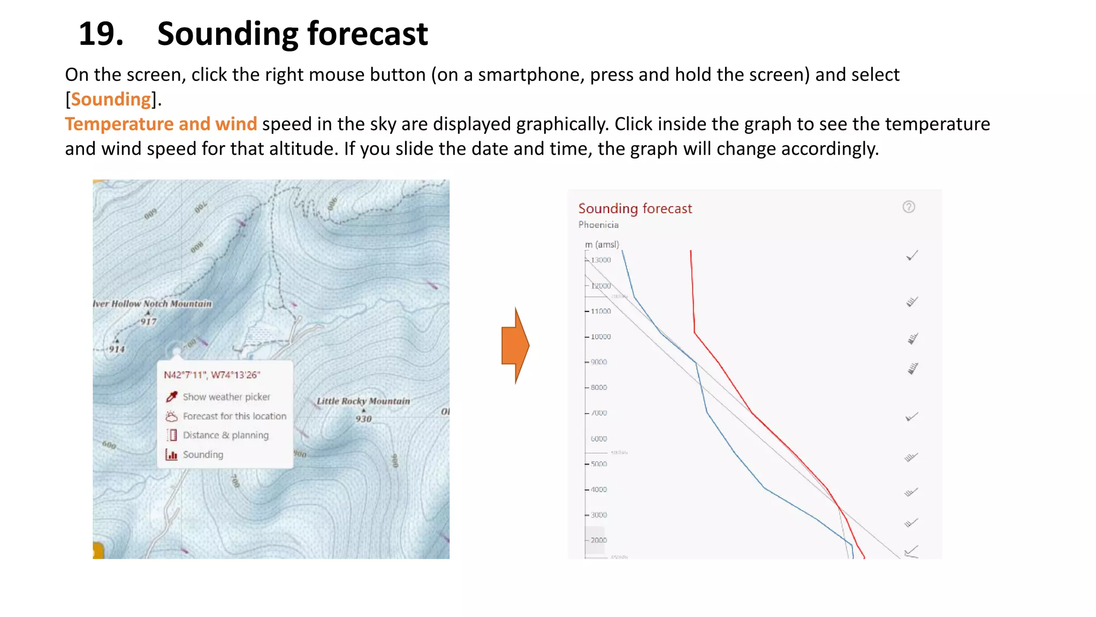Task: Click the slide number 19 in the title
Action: pos(101,34)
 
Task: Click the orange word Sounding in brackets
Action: pos(111,100)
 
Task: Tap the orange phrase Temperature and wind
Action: pos(161,124)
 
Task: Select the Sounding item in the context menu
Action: pos(203,455)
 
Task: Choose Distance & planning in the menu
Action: pos(225,435)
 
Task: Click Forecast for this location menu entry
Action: pos(234,416)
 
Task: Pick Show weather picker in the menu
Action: pos(226,397)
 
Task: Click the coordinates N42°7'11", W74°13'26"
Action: pos(211,375)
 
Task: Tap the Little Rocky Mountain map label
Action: pos(363,401)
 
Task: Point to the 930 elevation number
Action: pos(363,419)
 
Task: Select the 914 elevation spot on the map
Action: pos(117,349)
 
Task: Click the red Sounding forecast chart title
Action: pos(635,208)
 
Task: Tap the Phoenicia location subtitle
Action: pos(598,225)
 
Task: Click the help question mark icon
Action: pos(908,207)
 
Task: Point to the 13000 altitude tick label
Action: pos(600,260)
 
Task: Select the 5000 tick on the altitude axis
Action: pos(598,464)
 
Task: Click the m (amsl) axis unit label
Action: pos(602,245)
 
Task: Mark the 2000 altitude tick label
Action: pos(598,540)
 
